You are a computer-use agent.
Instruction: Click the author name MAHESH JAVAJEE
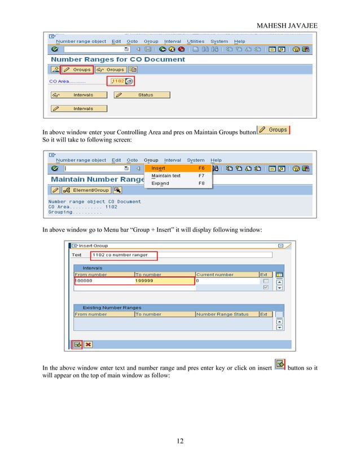tap(287, 25)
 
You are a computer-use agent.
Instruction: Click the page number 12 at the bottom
tap(179, 441)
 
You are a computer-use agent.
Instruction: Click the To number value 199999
tap(144, 280)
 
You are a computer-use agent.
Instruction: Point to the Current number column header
tap(215, 275)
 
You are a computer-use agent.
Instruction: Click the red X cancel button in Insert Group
tap(89, 344)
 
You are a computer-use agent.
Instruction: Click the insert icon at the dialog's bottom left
tap(77, 344)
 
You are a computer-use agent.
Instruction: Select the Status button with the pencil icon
tap(145, 95)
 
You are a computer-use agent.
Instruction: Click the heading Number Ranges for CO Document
tap(118, 59)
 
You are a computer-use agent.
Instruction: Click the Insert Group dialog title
tap(93, 246)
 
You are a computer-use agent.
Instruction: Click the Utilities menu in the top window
tap(195, 41)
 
